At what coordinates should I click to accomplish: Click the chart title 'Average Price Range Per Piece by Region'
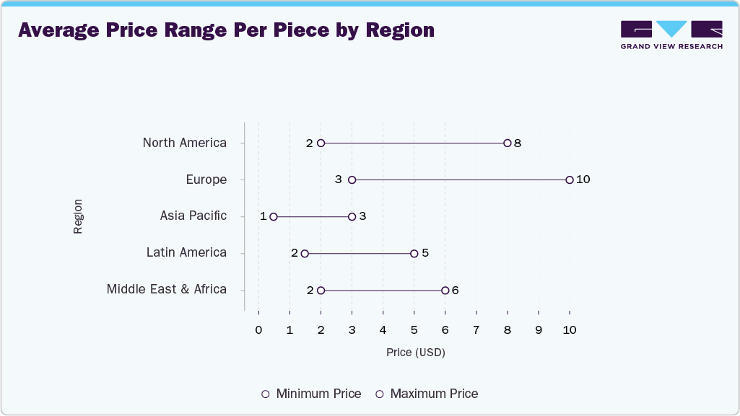pos(226,30)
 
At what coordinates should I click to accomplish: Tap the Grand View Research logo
pos(671,35)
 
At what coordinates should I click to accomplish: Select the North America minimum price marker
pos(321,143)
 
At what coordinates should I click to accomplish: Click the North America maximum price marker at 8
pos(508,143)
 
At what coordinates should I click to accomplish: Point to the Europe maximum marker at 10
pos(570,180)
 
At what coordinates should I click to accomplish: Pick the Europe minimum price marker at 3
pos(352,180)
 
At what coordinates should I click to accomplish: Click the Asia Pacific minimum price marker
pos(274,216)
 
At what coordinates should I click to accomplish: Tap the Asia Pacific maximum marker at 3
pos(352,216)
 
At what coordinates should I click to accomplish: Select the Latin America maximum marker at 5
pos(414,253)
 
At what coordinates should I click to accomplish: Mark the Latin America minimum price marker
pos(305,253)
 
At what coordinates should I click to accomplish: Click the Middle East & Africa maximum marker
pos(445,290)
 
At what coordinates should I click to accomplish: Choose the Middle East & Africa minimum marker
pos(321,290)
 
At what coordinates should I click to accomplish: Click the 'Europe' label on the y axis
pos(206,180)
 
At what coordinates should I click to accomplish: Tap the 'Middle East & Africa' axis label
pos(166,289)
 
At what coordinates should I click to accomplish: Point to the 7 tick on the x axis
pos(476,330)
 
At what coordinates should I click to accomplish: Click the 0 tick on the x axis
pos(258,330)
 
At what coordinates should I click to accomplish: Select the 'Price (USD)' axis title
pos(415,353)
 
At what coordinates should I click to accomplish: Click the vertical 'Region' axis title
pos(78,216)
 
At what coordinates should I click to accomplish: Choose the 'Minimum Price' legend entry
pos(311,394)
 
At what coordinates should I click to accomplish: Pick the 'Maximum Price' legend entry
pos(426,394)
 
